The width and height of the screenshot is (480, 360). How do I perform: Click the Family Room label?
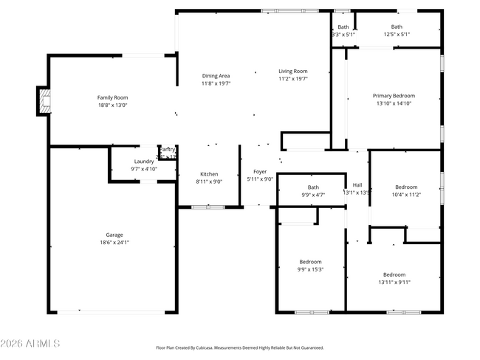pos(112,97)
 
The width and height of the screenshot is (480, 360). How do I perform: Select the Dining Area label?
pos(216,76)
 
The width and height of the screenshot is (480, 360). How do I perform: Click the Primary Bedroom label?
pos(393,96)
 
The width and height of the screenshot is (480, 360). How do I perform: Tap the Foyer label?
pos(260,171)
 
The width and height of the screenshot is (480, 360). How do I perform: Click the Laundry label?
pos(144,162)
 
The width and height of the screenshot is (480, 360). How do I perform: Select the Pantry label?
pos(168,150)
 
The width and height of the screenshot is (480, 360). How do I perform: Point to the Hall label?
pos(357,185)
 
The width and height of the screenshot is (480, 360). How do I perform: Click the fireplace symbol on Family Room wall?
pos(44,101)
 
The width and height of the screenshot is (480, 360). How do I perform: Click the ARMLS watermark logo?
pos(30,345)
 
